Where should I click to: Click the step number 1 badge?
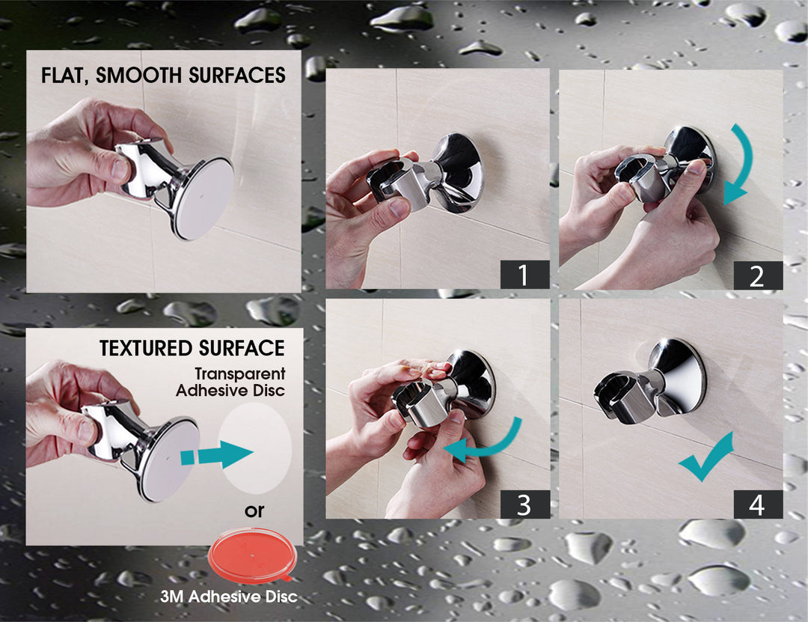(x=524, y=275)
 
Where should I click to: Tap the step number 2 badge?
(x=757, y=275)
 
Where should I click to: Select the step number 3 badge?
(x=524, y=504)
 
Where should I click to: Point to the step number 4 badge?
(x=757, y=504)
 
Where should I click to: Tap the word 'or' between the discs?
(x=256, y=512)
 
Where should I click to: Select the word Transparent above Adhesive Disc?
(x=240, y=373)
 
